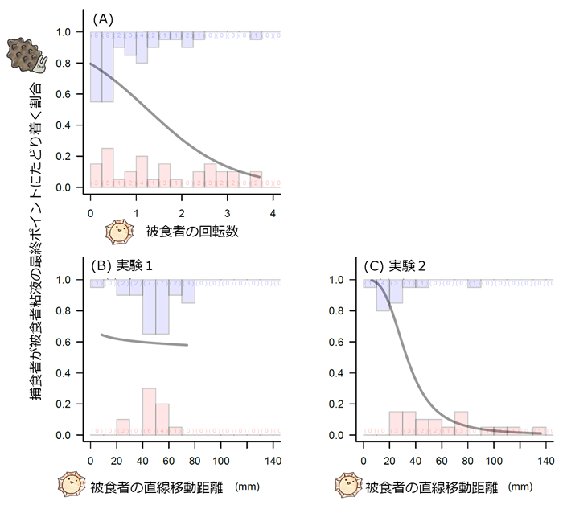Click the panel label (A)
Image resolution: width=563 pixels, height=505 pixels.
pyautogui.click(x=103, y=17)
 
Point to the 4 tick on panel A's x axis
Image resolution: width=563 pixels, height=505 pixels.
pyautogui.click(x=273, y=213)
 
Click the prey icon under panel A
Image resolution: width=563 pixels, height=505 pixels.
pyautogui.click(x=120, y=232)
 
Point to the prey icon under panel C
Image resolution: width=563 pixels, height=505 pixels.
pyautogui.click(x=349, y=487)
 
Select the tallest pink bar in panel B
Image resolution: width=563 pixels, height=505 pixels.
pyautogui.click(x=149, y=412)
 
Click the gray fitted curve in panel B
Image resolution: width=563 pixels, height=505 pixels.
pyautogui.click(x=145, y=341)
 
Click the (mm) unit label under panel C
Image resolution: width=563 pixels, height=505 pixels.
pyautogui.click(x=520, y=487)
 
